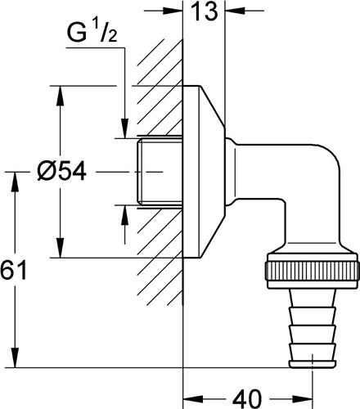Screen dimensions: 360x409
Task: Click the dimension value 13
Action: (205, 11)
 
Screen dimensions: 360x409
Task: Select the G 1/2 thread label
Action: (92, 33)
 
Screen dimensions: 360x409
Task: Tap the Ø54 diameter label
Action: (61, 172)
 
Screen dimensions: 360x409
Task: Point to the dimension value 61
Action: (13, 270)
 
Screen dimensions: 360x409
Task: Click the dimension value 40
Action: (247, 399)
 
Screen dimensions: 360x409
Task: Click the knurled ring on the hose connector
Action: (312, 271)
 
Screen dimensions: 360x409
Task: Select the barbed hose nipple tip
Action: (313, 328)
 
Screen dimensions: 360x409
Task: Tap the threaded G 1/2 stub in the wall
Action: (160, 172)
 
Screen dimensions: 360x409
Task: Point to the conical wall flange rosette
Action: (204, 172)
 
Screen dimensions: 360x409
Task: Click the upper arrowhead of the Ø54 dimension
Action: (61, 96)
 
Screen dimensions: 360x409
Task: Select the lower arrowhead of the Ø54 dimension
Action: (61, 248)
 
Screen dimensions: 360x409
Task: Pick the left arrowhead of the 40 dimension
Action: (192, 399)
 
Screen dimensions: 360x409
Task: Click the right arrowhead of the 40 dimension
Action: (303, 399)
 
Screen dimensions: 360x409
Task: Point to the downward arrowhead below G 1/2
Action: (124, 128)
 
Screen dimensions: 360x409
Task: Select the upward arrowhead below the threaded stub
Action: (124, 216)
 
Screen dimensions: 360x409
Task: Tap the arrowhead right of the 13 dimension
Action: (235, 11)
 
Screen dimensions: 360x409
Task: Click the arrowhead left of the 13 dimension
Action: (173, 11)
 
